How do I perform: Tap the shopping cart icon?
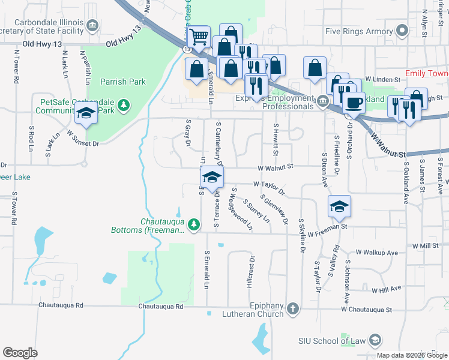tap(198, 37)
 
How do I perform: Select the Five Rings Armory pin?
tap(403, 31)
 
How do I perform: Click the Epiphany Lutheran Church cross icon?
tap(292, 309)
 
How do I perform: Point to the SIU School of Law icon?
tap(375, 341)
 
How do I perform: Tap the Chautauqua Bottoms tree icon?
tap(193, 224)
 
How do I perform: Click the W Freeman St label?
tap(327, 227)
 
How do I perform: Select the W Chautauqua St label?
tap(366, 310)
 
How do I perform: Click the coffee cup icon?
tap(354, 103)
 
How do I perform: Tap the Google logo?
tap(20, 353)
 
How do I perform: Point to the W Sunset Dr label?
tap(82, 138)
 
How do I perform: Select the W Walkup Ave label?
tap(377, 253)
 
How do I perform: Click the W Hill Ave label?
tap(387, 290)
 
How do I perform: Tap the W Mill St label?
tap(426, 246)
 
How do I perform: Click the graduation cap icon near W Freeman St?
tap(339, 206)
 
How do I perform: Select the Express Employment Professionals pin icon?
tap(323, 100)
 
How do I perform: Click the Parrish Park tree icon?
tap(124, 106)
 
